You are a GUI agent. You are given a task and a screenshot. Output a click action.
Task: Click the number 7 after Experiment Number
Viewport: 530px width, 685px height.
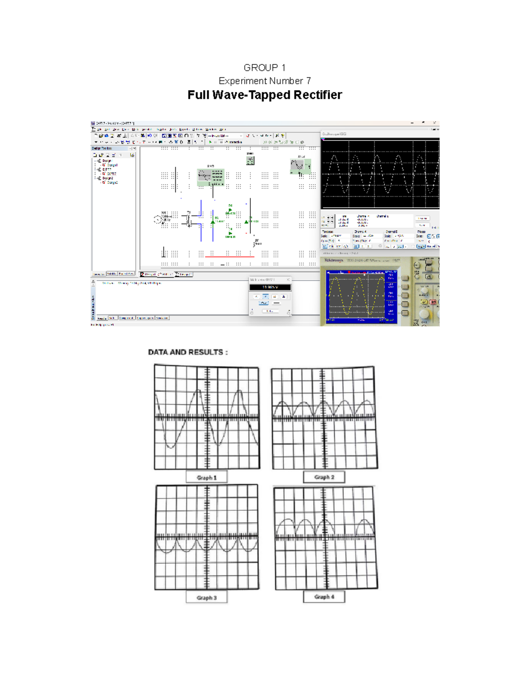(308, 81)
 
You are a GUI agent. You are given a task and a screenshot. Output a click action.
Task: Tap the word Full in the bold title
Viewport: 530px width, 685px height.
(198, 95)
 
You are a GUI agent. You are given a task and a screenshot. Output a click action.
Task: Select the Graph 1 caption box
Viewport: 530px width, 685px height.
(207, 477)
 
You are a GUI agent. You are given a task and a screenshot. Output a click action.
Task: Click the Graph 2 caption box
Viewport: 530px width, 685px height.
(324, 477)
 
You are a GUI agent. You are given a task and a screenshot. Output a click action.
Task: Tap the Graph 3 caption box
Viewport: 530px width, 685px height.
(207, 598)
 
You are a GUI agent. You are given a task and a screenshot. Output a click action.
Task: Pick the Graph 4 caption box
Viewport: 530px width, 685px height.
(324, 597)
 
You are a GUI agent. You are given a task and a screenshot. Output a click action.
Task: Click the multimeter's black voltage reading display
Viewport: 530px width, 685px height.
(270, 287)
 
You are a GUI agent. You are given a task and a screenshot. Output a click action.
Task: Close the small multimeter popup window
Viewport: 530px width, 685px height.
(288, 280)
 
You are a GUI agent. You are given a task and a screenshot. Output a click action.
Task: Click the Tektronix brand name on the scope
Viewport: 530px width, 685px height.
(334, 260)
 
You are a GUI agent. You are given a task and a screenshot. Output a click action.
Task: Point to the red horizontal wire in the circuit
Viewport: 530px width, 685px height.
(230, 256)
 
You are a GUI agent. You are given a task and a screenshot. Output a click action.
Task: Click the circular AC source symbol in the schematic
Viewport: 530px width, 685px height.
(157, 219)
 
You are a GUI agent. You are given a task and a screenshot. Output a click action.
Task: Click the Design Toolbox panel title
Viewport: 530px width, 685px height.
(102, 149)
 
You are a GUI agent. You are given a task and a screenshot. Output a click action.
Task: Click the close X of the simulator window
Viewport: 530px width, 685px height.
(435, 123)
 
